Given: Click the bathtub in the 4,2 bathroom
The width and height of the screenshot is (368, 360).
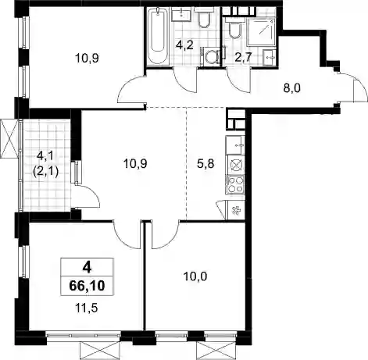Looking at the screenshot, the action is click(157, 37).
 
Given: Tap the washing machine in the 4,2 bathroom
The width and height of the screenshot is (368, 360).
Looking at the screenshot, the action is click(210, 56).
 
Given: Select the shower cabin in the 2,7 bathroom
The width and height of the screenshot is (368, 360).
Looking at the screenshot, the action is click(261, 32).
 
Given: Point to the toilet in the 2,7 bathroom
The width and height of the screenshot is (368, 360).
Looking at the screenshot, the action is click(234, 27).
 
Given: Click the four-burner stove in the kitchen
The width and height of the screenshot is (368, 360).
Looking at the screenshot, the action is click(235, 184).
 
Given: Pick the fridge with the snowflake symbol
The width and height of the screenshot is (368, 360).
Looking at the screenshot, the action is click(236, 210).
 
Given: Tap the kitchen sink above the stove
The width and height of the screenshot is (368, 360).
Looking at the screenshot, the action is click(235, 144).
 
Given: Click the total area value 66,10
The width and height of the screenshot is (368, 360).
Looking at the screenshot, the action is click(87, 286).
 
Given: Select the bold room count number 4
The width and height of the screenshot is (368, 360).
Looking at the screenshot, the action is click(87, 267).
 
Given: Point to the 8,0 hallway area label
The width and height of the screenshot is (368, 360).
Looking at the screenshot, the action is click(292, 88).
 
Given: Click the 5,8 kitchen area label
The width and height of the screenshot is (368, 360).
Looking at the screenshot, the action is click(205, 164).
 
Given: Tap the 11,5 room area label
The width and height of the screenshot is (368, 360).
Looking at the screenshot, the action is click(86, 308).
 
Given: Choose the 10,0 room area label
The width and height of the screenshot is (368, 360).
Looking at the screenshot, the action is click(195, 276).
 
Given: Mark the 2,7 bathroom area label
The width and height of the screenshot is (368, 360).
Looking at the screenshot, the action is click(243, 57).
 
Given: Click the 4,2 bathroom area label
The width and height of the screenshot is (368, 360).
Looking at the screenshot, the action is click(184, 45).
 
